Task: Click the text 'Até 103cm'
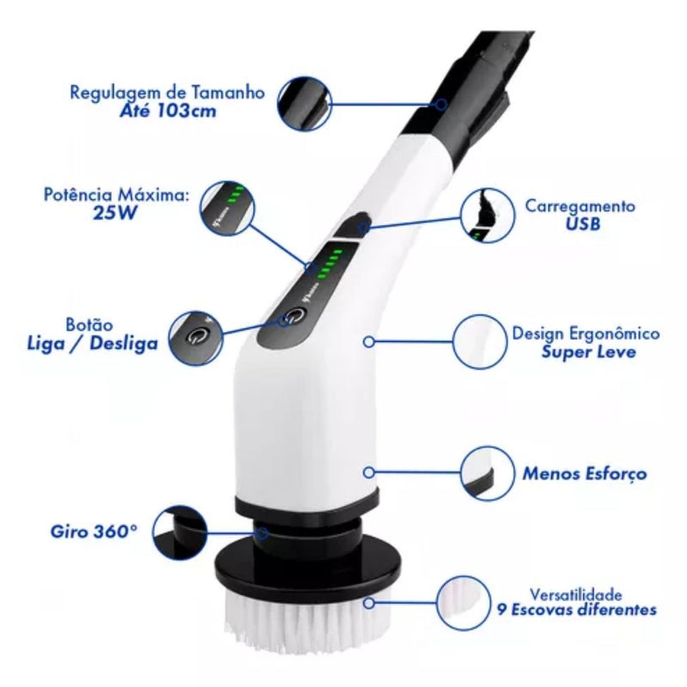click(167, 112)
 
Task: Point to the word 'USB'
click(582, 224)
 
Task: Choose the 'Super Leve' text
click(588, 352)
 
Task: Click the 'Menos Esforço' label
click(584, 473)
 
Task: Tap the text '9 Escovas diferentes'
click(577, 610)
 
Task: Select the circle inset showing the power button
click(197, 335)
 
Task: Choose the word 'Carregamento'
click(581, 207)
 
